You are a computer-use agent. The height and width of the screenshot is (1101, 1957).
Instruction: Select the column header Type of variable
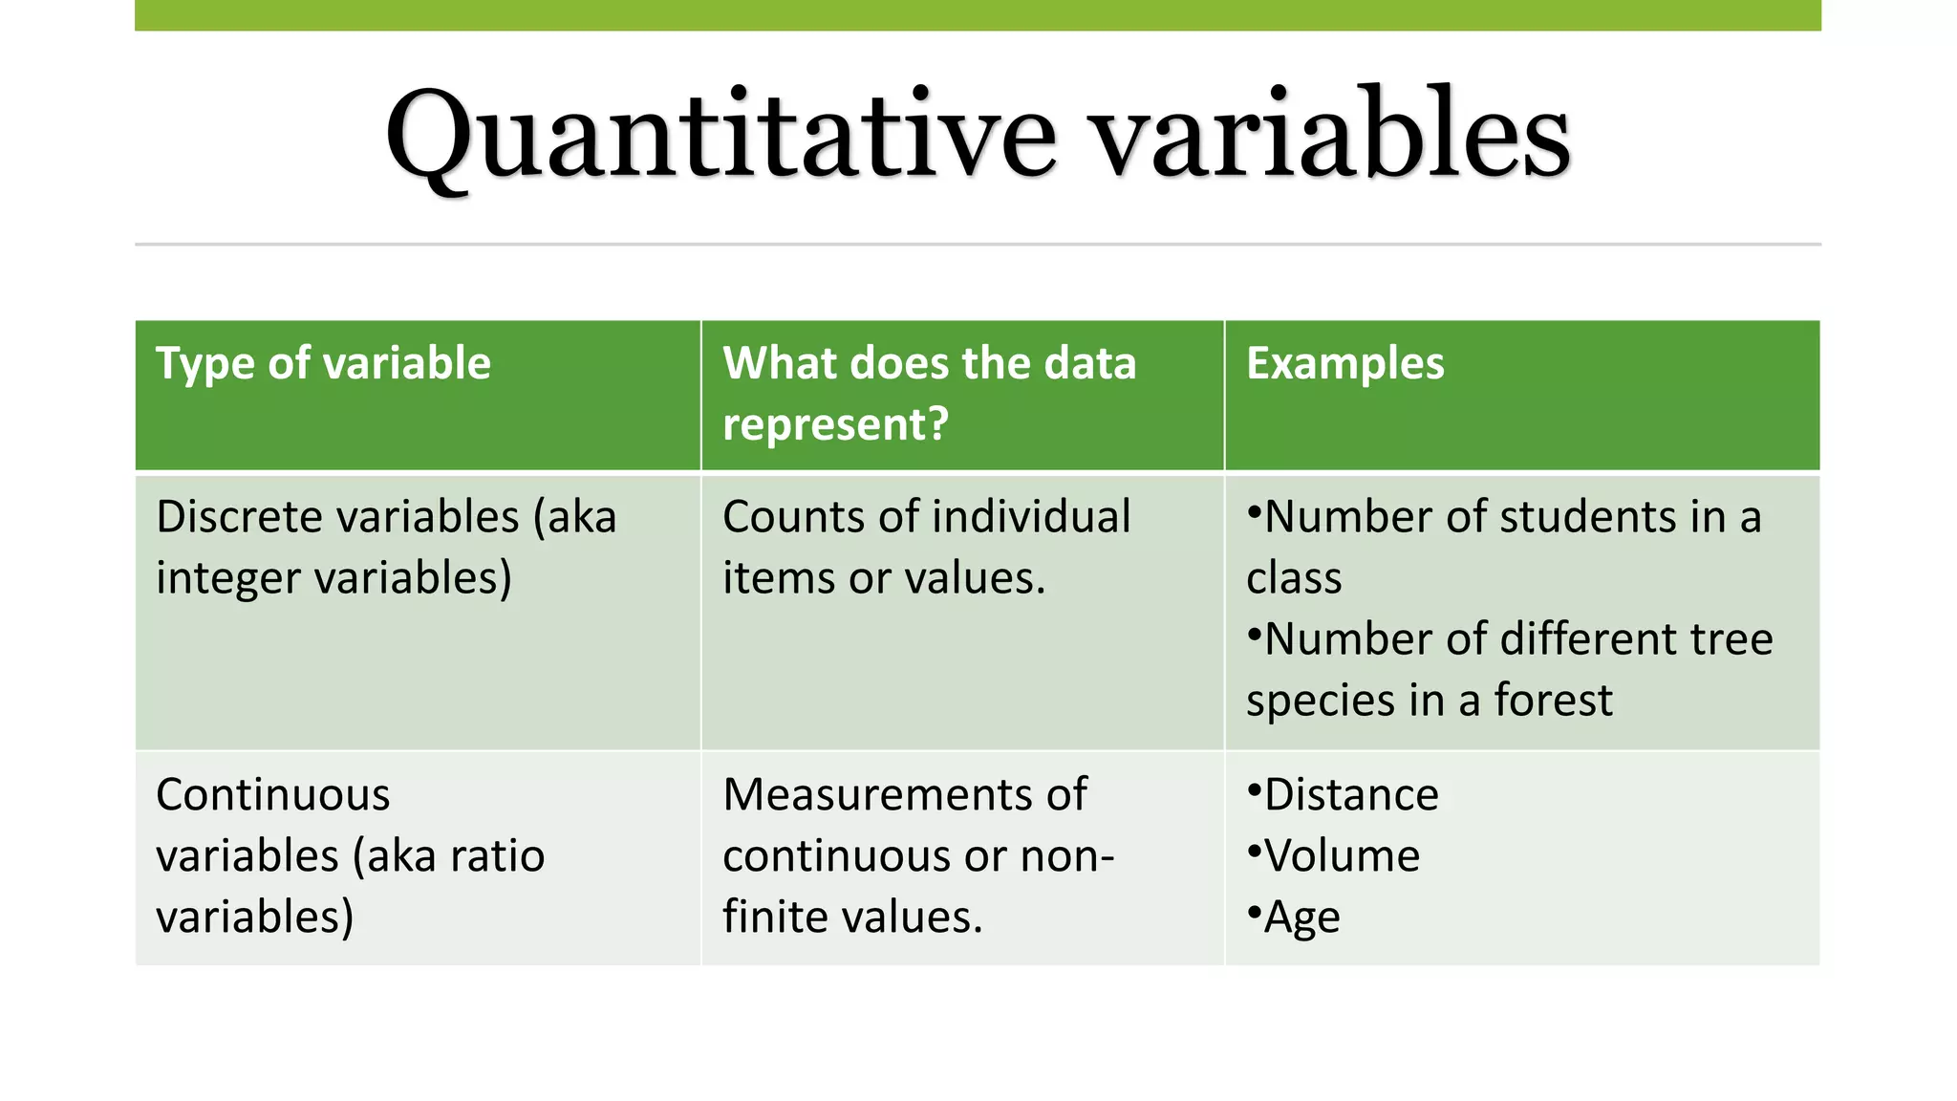(323, 363)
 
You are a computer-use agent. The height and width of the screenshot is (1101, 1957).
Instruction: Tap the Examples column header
(1344, 363)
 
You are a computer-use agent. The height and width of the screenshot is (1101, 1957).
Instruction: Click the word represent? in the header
(835, 424)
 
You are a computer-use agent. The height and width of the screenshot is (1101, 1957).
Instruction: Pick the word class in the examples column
(1294, 578)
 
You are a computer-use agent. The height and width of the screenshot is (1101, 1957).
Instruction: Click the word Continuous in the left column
(272, 794)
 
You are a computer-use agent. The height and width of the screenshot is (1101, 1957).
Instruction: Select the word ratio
(497, 855)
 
